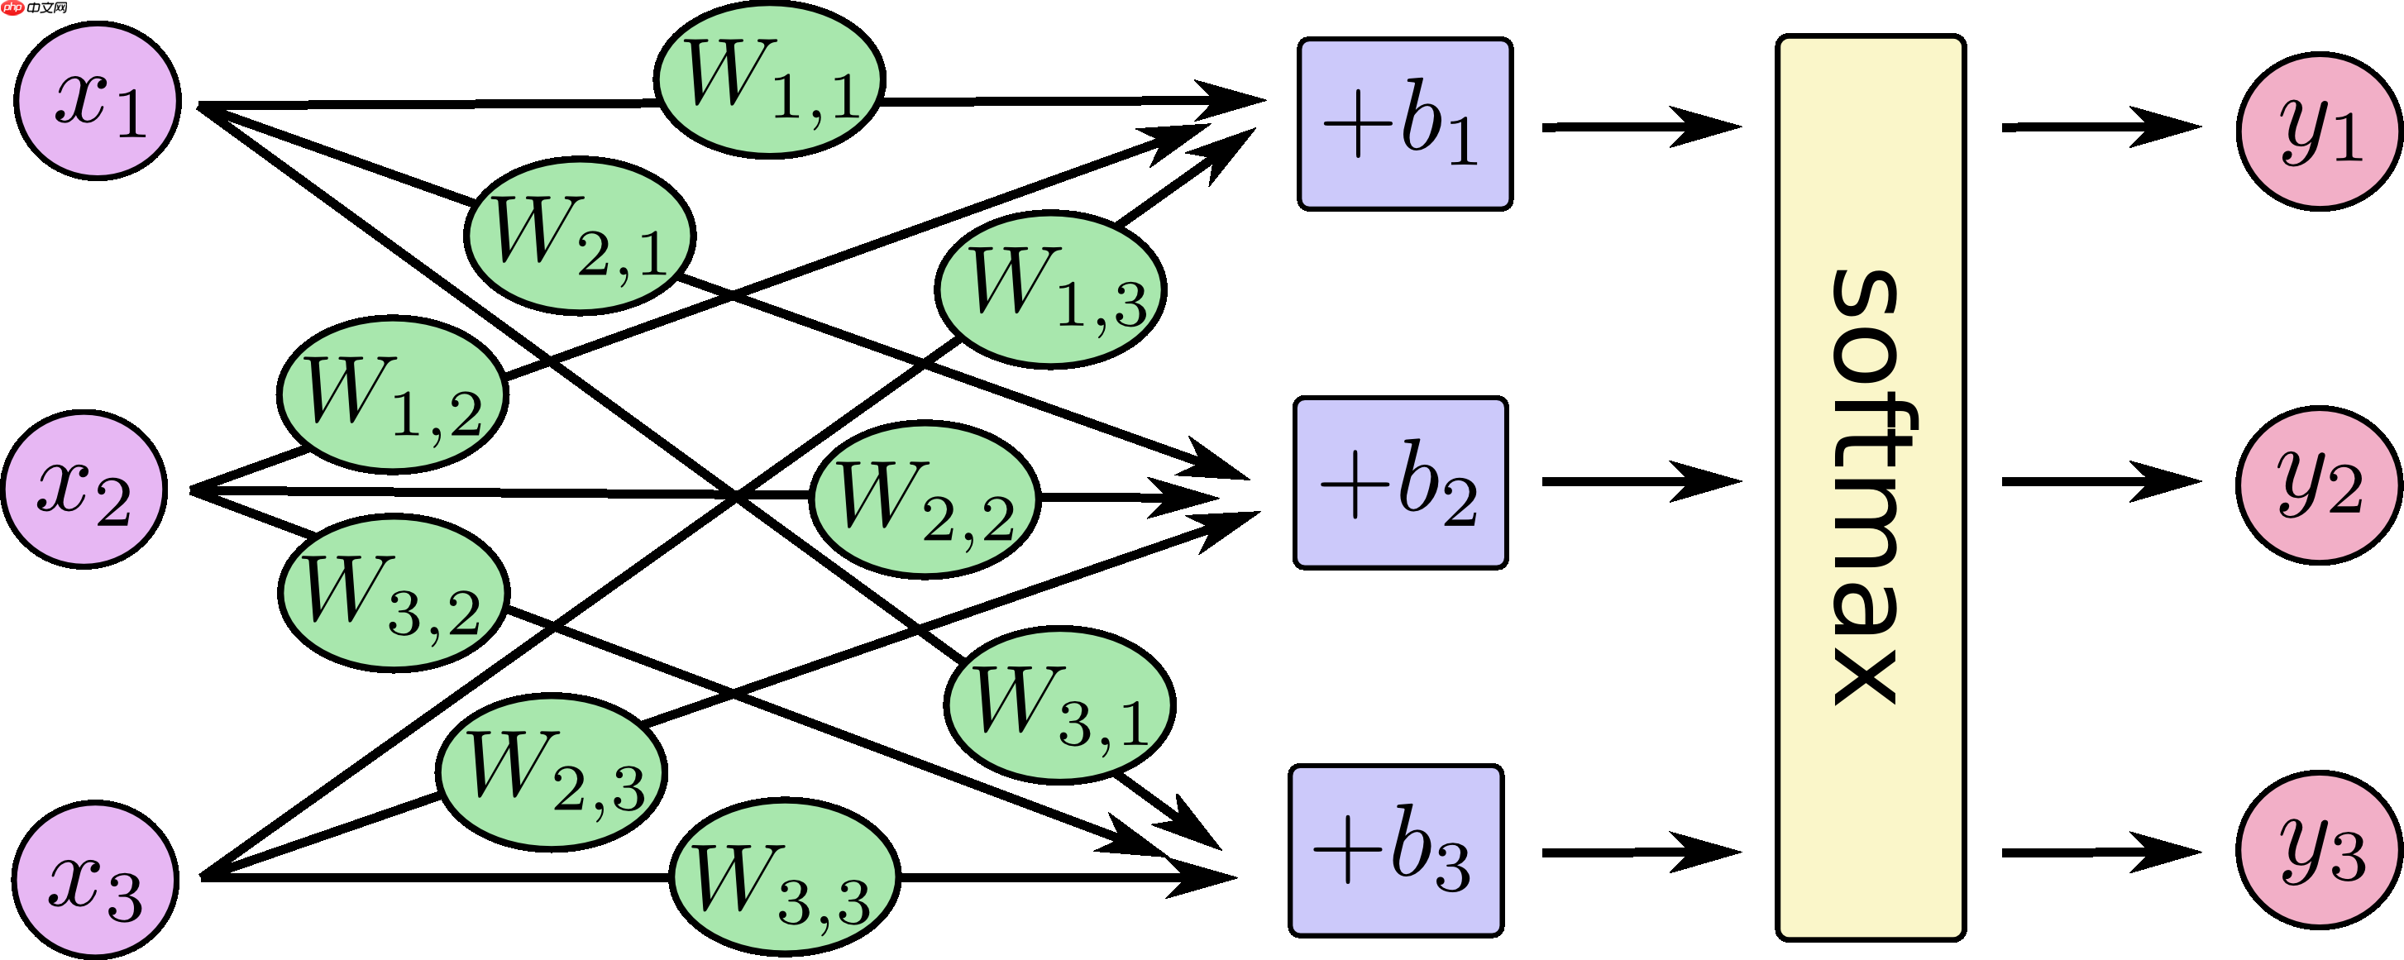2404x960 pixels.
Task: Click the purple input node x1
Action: click(x=98, y=101)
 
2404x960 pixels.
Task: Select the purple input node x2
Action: click(x=84, y=489)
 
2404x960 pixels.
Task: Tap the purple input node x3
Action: click(x=95, y=879)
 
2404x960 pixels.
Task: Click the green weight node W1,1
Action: click(x=769, y=79)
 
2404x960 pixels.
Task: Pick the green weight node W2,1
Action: click(x=580, y=236)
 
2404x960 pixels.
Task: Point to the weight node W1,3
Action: click(x=1050, y=289)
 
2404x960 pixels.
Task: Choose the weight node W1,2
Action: click(x=393, y=395)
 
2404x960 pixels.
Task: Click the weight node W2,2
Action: click(x=925, y=499)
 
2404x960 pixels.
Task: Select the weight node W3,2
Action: click(x=394, y=594)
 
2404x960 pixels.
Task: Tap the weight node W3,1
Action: click(x=1059, y=704)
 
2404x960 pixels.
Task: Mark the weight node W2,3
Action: click(x=552, y=771)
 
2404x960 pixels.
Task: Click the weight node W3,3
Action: click(x=785, y=877)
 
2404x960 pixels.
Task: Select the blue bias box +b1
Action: click(x=1404, y=124)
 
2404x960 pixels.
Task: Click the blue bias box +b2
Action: click(x=1400, y=482)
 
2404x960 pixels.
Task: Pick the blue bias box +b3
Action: click(x=1396, y=850)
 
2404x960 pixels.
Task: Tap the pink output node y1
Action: click(x=2320, y=131)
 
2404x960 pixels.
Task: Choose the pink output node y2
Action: click(x=2320, y=485)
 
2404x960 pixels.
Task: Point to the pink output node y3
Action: click(x=2320, y=850)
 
